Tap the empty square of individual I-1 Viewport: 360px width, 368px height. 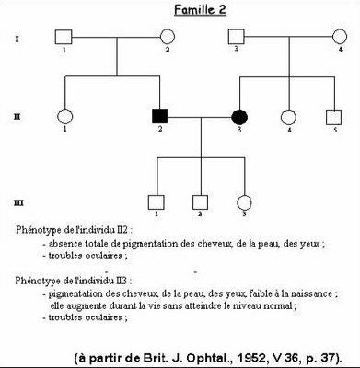point(63,38)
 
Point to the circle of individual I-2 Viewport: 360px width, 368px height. point(168,38)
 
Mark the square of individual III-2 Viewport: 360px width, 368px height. point(200,201)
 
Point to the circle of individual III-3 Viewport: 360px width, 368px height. point(244,201)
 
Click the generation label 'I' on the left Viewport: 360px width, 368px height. point(18,38)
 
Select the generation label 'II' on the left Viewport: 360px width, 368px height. point(18,117)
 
